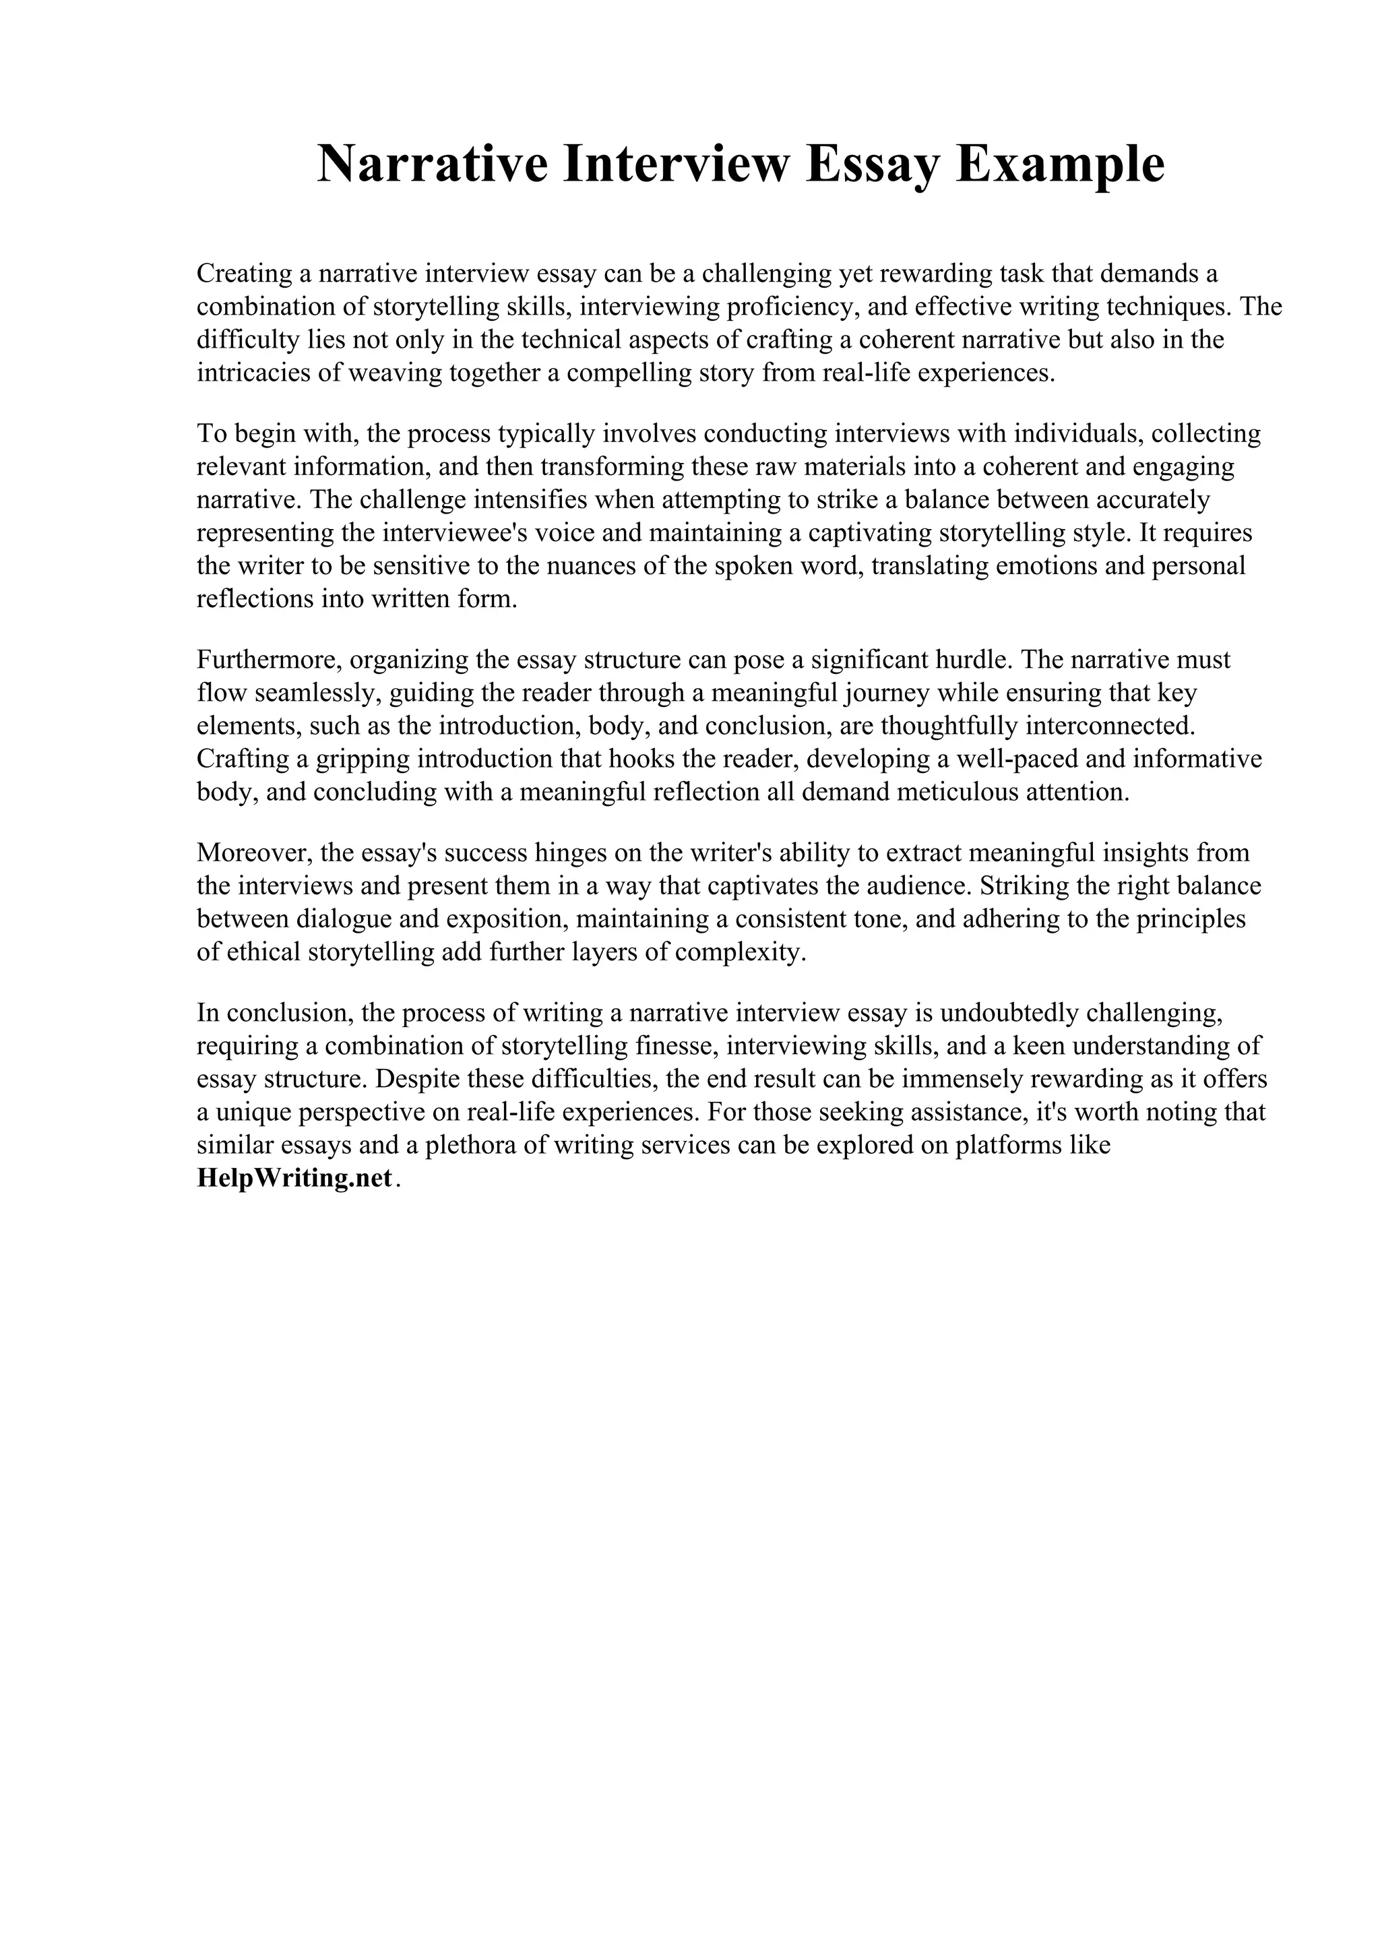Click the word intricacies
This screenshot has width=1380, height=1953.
[249, 373]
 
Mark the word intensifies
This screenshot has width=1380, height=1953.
[525, 500]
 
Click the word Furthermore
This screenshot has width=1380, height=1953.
[269, 660]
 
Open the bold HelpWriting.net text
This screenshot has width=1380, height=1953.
[294, 1179]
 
